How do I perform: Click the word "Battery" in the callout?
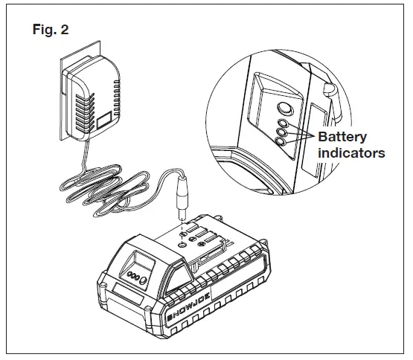tap(344, 138)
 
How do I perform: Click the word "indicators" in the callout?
tap(351, 153)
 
